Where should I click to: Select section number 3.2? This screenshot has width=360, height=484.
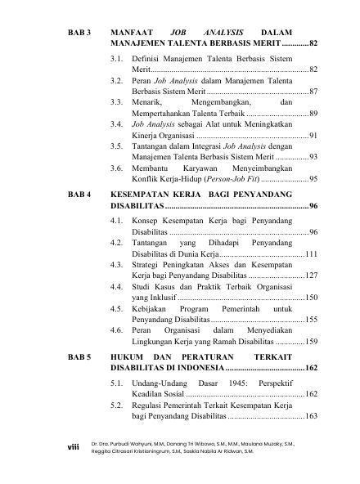pos(117,83)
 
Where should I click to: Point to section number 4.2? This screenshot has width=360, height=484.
pos(117,243)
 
